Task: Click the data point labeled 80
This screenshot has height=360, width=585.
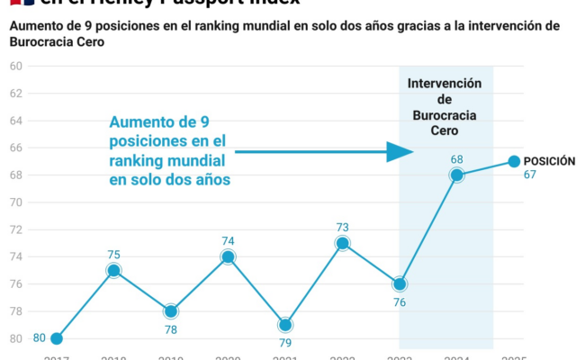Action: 57,338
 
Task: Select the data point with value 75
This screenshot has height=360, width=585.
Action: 113,270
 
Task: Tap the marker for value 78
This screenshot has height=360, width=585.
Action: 171,311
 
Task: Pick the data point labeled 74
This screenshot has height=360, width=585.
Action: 229,256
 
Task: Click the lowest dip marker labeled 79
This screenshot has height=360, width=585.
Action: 285,325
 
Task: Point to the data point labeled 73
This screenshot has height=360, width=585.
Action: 343,243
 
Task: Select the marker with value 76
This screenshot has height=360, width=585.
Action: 400,283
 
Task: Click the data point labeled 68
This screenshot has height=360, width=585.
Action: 457,175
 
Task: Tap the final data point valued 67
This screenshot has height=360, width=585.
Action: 514,161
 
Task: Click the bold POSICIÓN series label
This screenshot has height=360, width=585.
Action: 549,161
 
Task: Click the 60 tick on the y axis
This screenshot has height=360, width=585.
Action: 15,67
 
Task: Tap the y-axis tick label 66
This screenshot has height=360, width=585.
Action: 15,148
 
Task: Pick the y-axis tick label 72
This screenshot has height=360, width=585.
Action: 15,229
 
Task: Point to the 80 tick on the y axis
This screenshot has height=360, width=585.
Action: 15,338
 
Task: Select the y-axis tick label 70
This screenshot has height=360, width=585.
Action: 15,202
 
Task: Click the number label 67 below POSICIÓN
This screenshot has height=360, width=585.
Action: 530,175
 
